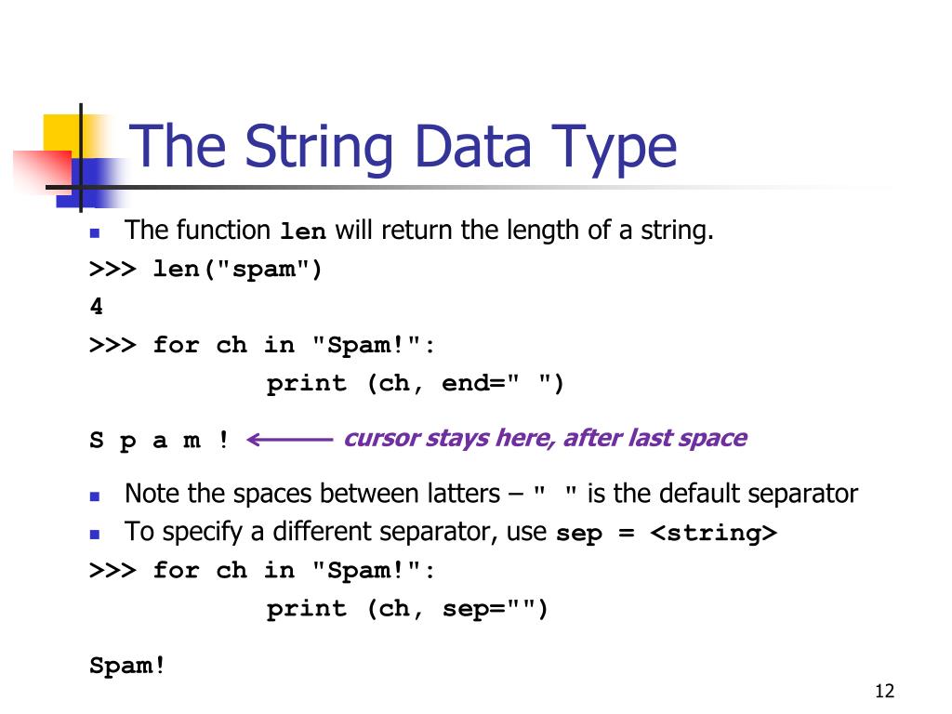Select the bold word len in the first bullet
click(303, 231)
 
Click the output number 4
click(97, 307)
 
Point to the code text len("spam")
click(237, 269)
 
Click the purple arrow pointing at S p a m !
click(290, 440)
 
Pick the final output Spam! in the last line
click(127, 666)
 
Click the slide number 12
click(884, 691)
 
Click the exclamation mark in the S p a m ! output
click(223, 440)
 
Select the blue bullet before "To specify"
click(95, 535)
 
